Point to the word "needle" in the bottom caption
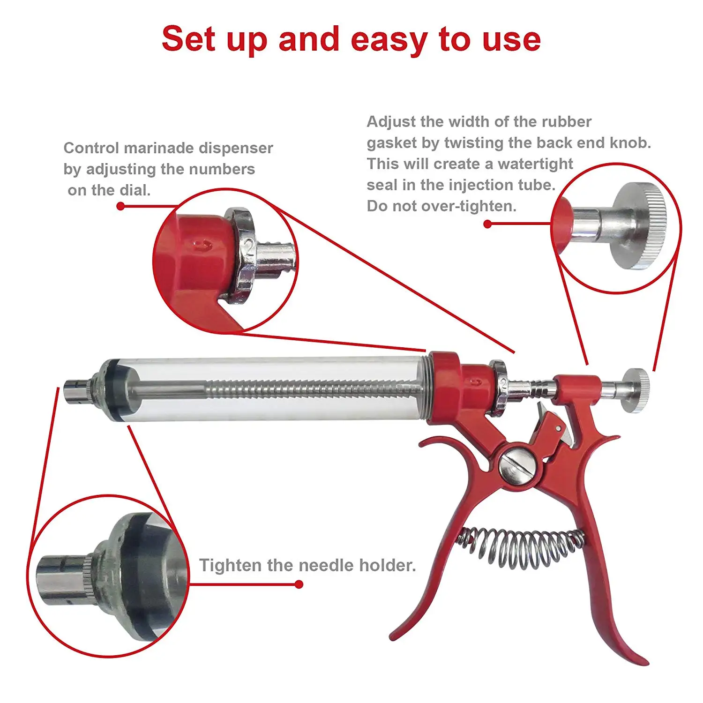pos(327,565)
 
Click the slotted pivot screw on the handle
pos(518,464)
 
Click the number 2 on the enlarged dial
pos(249,247)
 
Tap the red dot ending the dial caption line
pos(120,206)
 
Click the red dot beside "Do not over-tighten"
pos(487,224)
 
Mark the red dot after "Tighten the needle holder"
pos(299,584)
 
